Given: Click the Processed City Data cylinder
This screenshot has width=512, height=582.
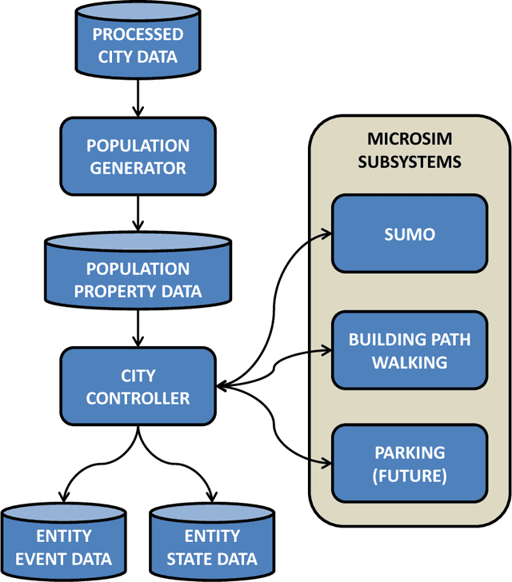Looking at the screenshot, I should pos(138,46).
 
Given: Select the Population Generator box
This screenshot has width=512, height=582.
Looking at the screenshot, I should pos(138,157).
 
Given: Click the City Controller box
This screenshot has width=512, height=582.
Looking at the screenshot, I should pos(138,386).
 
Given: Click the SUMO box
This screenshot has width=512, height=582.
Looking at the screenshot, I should pos(409,234).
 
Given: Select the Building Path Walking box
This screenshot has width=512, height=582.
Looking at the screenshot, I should pos(409,350).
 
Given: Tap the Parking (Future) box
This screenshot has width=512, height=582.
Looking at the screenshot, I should pos(409,464).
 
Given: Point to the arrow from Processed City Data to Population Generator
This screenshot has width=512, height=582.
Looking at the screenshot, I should pos(138,100).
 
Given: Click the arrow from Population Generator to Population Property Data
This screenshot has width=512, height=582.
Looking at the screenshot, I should pos(138,213).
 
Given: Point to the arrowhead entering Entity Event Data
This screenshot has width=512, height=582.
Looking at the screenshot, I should pos(63,496).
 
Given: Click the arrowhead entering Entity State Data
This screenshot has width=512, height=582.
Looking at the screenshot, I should pos(212,496).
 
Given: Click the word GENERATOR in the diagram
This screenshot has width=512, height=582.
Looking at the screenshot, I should pos(138,168).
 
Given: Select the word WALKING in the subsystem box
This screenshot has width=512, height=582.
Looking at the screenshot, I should pos(409,361).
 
